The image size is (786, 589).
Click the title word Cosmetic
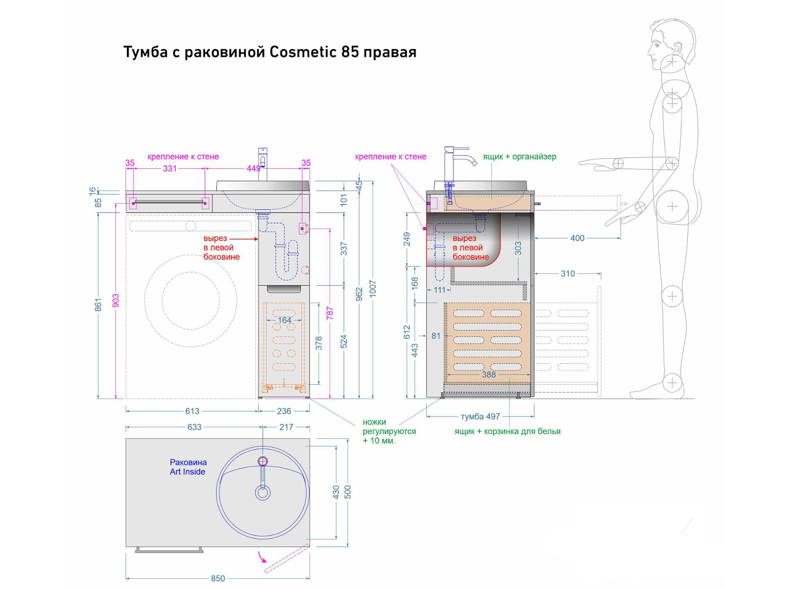303,52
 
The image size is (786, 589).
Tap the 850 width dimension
218,578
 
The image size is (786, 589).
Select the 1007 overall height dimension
372,289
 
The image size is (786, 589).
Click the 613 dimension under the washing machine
192,411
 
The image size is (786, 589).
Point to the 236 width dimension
284,411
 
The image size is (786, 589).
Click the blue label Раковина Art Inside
188,467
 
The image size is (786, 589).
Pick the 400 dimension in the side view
577,238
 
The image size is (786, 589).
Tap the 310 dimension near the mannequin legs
567,273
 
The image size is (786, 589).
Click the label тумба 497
480,417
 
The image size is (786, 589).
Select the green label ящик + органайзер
519,157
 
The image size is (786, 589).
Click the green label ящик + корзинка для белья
507,431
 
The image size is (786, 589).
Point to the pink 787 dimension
330,313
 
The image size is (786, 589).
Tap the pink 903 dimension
116,300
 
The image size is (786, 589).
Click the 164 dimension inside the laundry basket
284,320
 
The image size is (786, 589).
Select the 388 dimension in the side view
489,375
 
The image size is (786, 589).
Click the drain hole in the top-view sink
263,492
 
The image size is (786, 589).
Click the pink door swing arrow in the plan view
263,557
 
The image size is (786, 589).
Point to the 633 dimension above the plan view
194,427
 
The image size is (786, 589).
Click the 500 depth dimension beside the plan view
348,492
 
